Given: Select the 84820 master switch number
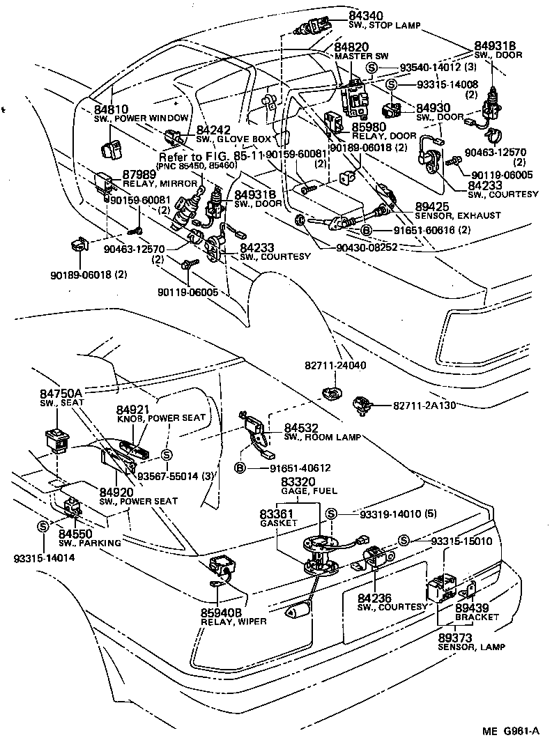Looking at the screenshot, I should (x=351, y=46).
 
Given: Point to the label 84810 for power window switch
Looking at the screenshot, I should (x=111, y=109).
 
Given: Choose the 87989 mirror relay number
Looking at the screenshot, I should (x=139, y=174).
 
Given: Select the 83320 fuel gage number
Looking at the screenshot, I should (x=298, y=481).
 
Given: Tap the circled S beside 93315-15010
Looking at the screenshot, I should (x=404, y=541).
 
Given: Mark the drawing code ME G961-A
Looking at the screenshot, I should (x=511, y=730).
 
